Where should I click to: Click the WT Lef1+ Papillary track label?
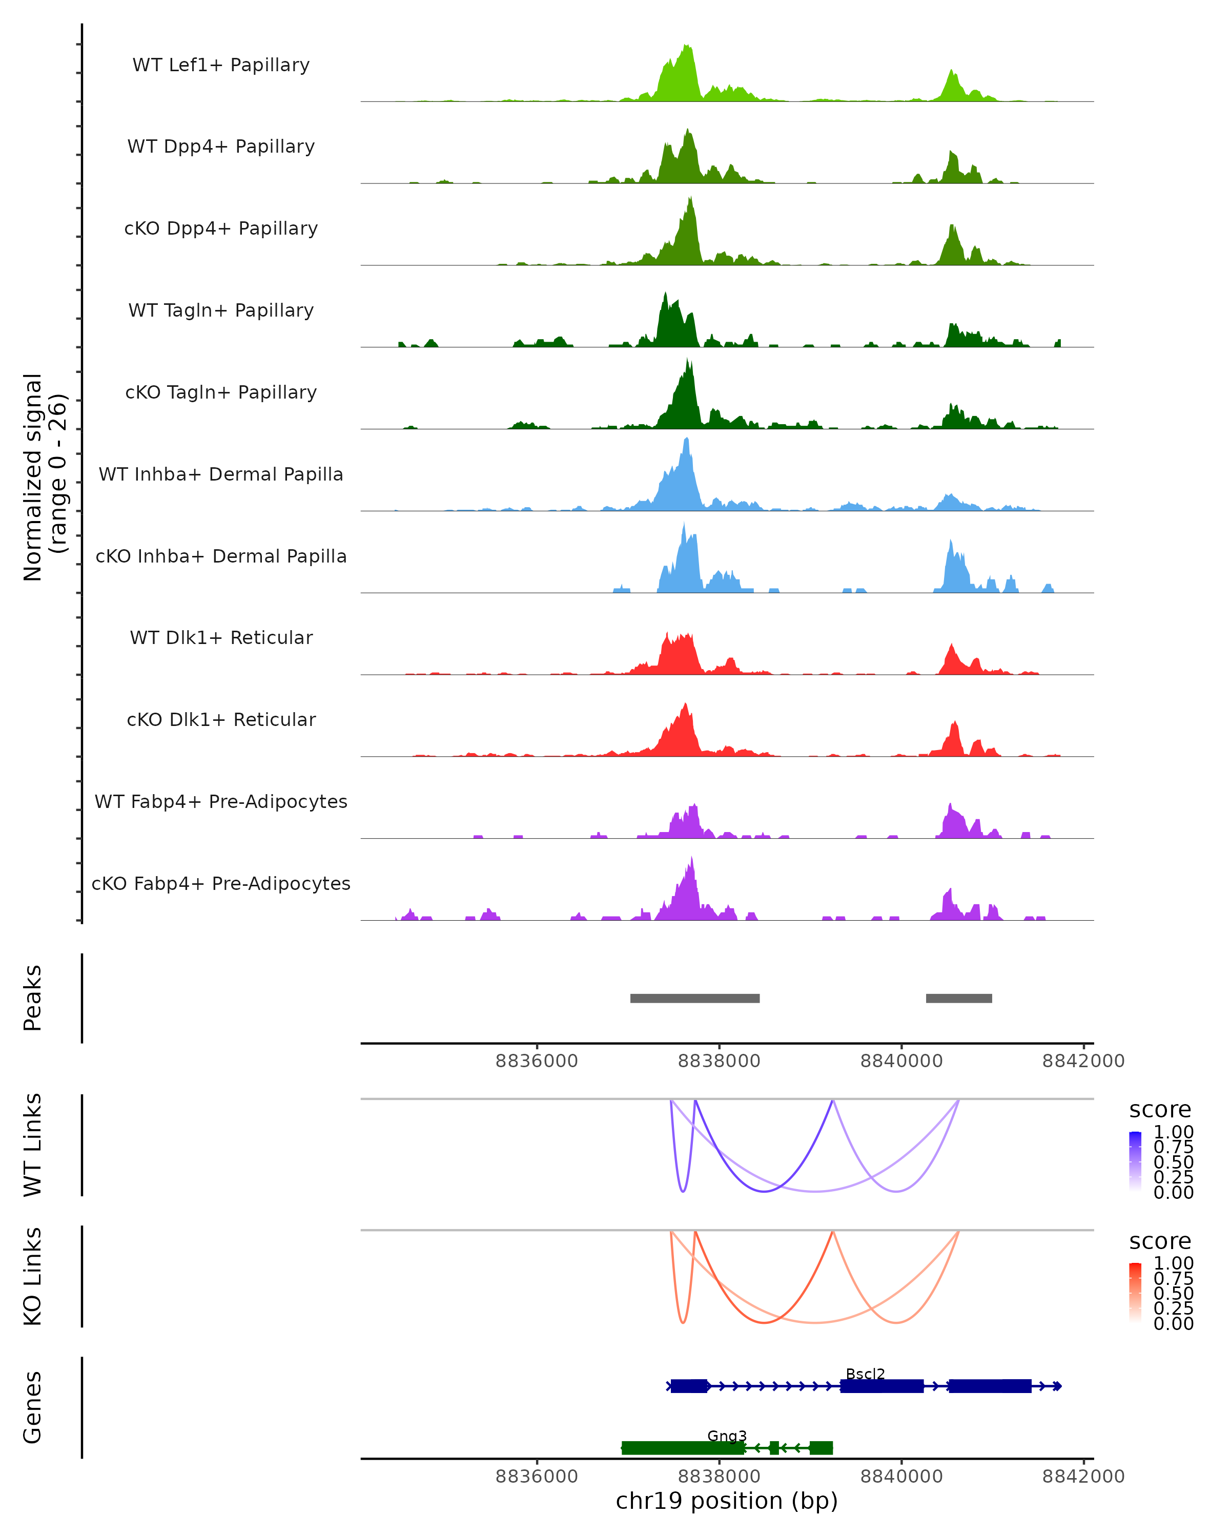(x=221, y=65)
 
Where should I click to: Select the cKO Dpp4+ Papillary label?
(x=221, y=229)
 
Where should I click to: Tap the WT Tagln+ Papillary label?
(x=221, y=311)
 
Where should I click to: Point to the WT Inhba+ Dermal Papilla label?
(x=221, y=475)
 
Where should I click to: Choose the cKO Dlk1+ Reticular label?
(x=221, y=720)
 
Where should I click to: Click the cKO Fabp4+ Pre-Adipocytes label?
(x=221, y=884)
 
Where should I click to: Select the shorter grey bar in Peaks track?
(x=958, y=998)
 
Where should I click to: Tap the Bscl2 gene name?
(x=865, y=1374)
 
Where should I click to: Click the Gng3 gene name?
(x=727, y=1436)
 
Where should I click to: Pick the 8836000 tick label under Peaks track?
(x=536, y=1062)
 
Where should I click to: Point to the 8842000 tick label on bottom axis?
(x=1083, y=1477)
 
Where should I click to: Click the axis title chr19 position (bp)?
(x=727, y=1501)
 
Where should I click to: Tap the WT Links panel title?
(x=33, y=1145)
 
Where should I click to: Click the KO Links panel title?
(x=33, y=1276)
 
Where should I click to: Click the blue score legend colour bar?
(x=1135, y=1160)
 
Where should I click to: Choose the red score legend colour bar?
(x=1135, y=1292)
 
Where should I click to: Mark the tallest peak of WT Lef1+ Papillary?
(x=687, y=47)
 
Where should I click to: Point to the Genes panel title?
(x=33, y=1407)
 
